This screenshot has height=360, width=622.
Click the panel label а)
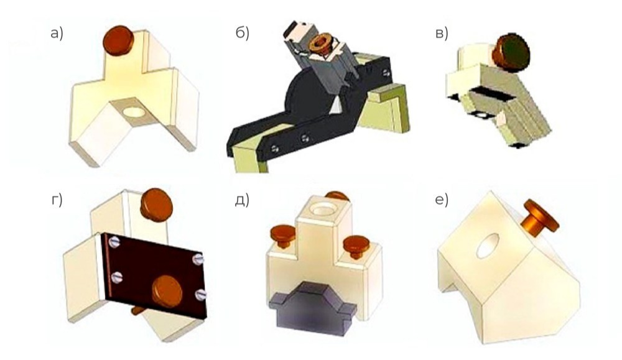pos(57,34)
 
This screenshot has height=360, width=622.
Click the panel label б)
pos(243,34)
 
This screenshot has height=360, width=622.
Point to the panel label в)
pos(442,34)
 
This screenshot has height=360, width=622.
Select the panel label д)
pos(242,201)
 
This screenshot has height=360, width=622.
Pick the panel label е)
pos(442,201)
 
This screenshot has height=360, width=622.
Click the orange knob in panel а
pos(118,39)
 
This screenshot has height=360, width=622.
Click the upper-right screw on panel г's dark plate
pos(198,259)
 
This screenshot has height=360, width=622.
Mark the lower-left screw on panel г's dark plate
pos(117,276)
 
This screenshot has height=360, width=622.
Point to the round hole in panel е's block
pos(488,246)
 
